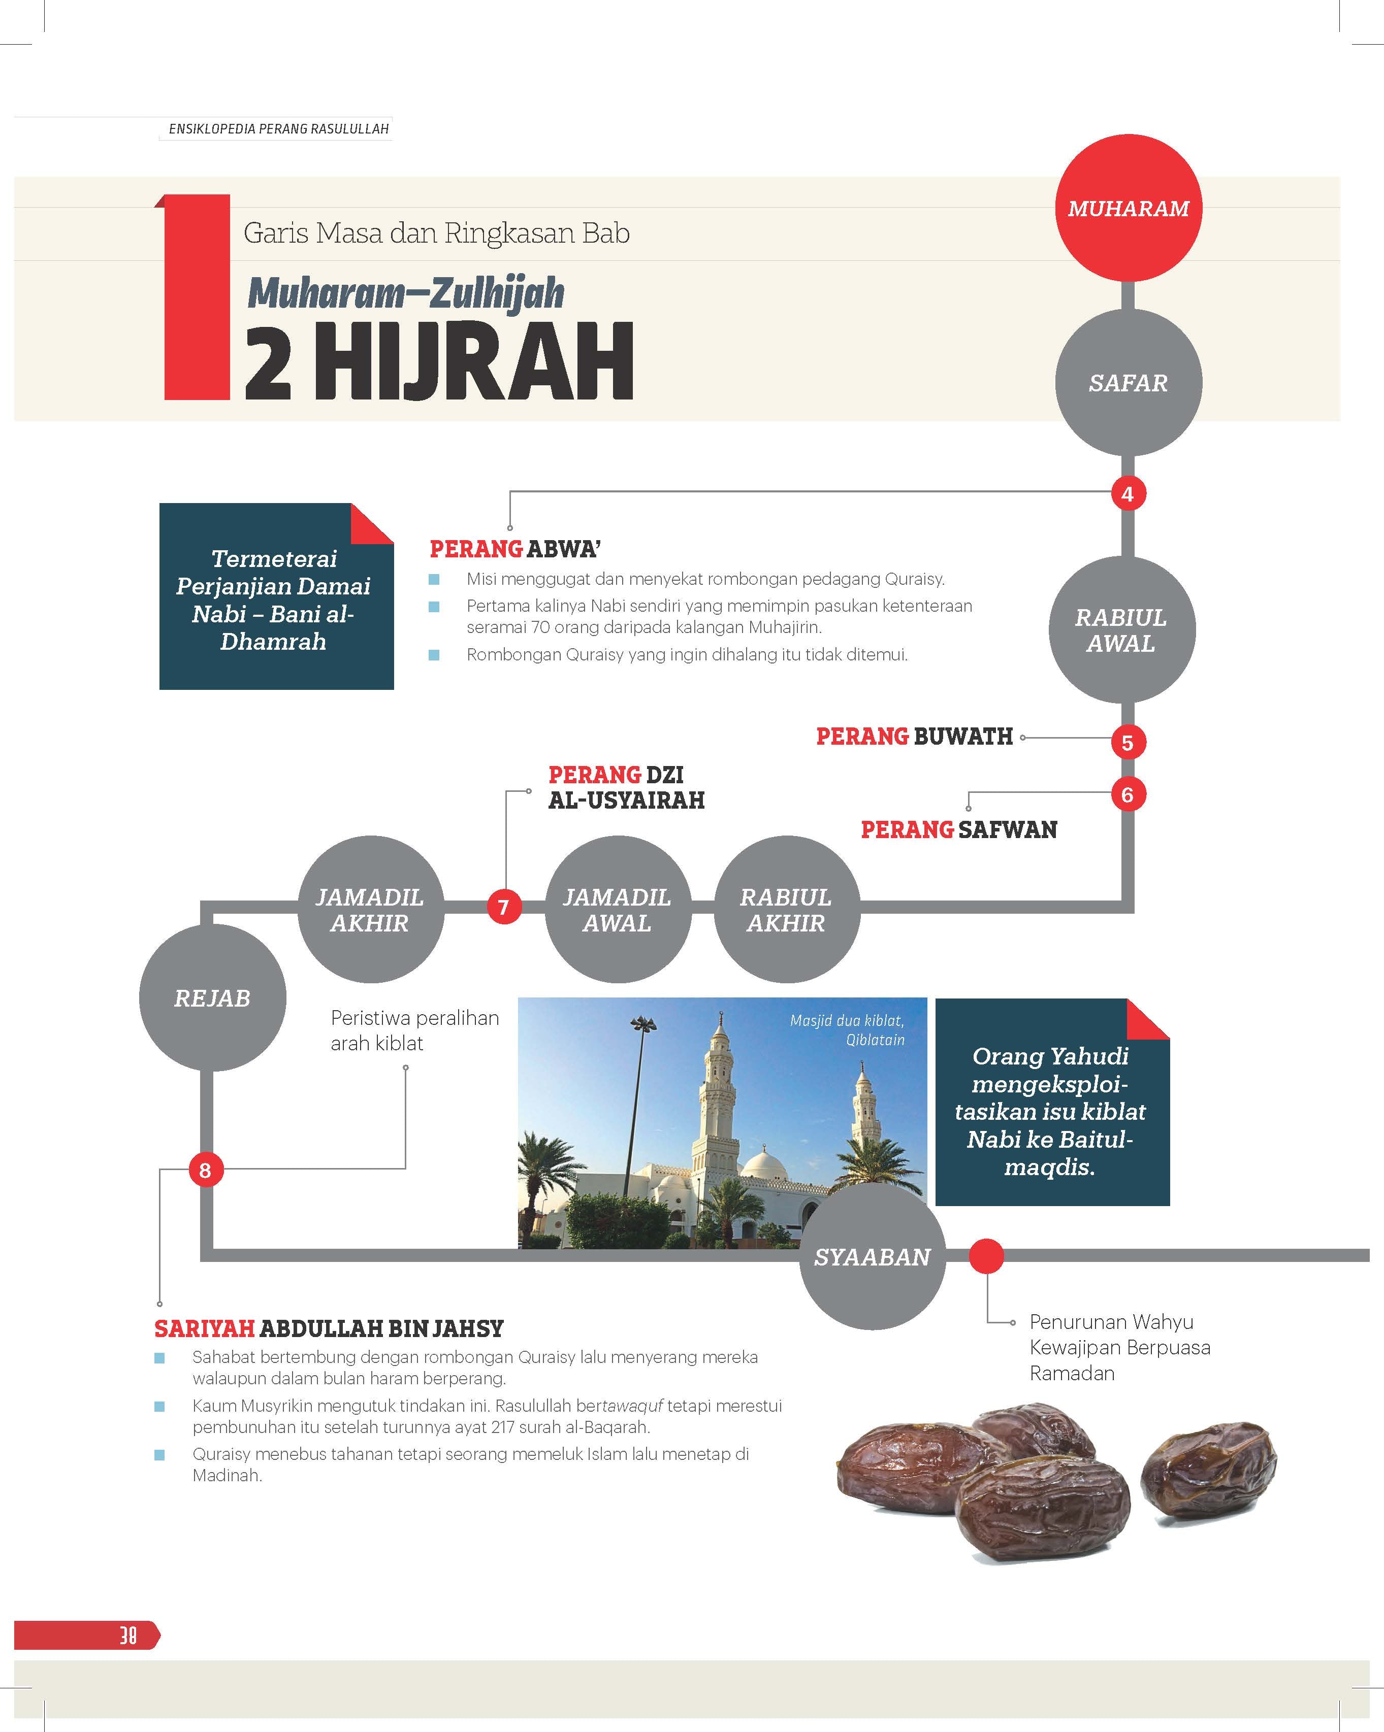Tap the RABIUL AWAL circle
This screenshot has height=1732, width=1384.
coord(1121,630)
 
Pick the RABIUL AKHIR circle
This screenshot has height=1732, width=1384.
coord(786,909)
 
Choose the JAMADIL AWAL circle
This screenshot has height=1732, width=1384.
coord(617,909)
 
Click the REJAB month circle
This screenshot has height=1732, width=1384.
coord(212,998)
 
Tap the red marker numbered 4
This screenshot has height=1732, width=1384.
coord(1128,494)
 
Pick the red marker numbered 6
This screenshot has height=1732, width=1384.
coord(1128,794)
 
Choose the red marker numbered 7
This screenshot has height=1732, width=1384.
coord(504,908)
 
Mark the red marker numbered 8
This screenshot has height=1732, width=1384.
coord(205,1171)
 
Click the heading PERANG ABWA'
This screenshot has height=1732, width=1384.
coord(515,549)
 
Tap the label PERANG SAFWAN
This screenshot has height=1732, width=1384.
coord(959,830)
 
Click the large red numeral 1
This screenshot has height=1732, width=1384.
coord(196,297)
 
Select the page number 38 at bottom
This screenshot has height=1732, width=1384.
coord(128,1636)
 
